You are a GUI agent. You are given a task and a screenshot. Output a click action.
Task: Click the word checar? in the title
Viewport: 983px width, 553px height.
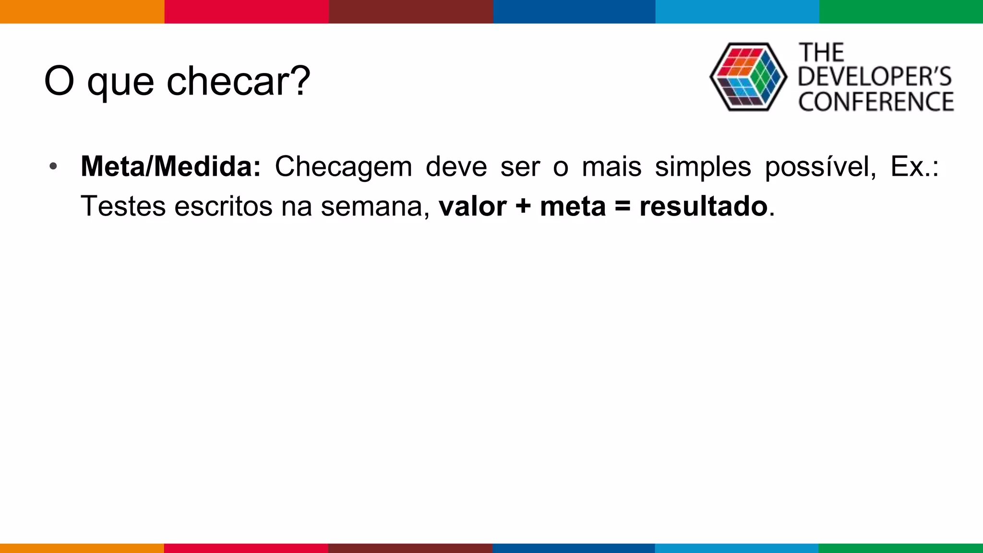[239, 81]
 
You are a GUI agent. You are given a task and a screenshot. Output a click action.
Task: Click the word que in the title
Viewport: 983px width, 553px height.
[120, 83]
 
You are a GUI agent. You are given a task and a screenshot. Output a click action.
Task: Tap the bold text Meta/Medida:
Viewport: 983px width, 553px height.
[170, 167]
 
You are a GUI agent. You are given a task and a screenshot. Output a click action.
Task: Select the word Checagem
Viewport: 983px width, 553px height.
[343, 168]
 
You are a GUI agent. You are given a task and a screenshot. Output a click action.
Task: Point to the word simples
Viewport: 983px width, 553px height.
[703, 168]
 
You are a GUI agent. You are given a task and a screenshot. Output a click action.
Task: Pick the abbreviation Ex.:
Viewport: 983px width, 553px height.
[914, 167]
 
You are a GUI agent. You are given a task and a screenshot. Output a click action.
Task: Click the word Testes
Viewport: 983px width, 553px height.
[123, 206]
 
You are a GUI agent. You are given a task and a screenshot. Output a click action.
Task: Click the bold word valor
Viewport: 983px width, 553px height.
[472, 206]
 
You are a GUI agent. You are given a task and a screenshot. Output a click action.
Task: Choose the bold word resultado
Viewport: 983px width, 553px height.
[703, 206]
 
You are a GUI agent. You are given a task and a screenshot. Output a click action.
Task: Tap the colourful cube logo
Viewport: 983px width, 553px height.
[748, 77]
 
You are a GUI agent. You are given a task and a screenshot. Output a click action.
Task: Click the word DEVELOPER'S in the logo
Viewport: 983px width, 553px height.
[875, 77]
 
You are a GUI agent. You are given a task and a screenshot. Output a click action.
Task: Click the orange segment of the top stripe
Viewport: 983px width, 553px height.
[82, 12]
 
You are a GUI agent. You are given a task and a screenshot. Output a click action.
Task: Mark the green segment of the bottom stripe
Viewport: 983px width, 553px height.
[900, 548]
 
